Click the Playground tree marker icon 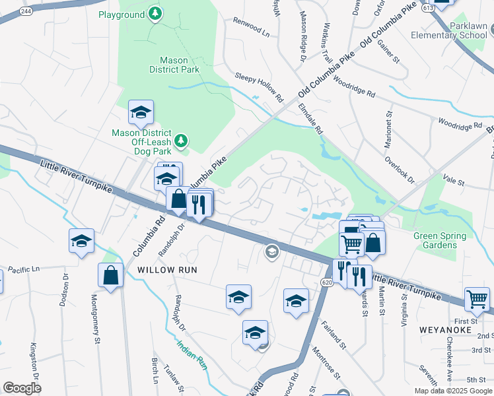click(x=155, y=14)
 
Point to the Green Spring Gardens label click(x=439, y=240)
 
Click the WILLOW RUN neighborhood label click(x=168, y=270)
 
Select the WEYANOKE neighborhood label click(x=444, y=329)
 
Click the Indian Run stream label click(x=192, y=354)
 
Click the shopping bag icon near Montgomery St click(x=111, y=275)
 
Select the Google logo click(x=22, y=388)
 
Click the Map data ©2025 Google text click(x=454, y=391)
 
